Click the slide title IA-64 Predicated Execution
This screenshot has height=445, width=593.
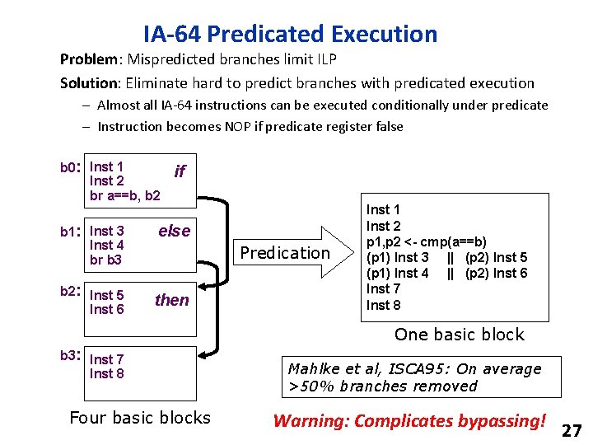290,35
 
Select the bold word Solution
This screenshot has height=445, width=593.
89,83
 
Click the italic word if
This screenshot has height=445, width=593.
180,171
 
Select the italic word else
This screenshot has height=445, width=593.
174,231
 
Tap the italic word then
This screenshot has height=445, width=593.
171,300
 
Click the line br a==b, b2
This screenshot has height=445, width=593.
125,196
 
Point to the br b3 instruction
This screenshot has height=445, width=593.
105,260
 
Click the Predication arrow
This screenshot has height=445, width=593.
285,252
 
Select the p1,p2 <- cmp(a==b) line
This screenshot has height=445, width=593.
426,241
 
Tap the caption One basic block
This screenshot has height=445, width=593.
459,335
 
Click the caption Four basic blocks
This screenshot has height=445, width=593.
140,418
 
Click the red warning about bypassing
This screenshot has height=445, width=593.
409,421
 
